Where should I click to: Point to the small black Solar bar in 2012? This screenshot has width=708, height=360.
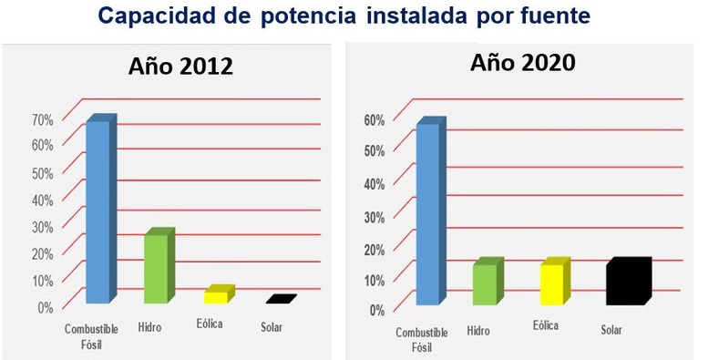pos(281,299)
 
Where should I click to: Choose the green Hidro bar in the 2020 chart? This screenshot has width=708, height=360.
pos(486,283)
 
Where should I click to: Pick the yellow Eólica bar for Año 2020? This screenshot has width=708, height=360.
pos(552,283)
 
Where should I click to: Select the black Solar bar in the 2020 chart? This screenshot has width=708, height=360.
pos(627,282)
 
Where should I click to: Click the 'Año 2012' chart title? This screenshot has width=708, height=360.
pos(180,67)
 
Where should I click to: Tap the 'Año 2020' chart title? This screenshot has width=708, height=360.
pos(522,63)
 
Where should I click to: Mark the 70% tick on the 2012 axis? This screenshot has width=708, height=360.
pos(43,118)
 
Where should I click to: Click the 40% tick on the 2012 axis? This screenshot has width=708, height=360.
pos(43,200)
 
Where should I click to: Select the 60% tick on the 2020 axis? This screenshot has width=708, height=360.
pos(374,119)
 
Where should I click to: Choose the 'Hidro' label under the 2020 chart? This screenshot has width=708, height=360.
pos(477,330)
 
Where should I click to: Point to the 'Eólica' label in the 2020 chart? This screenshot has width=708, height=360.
pos(545,324)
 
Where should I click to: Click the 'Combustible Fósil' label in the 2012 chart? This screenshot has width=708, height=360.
pos(88,334)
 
